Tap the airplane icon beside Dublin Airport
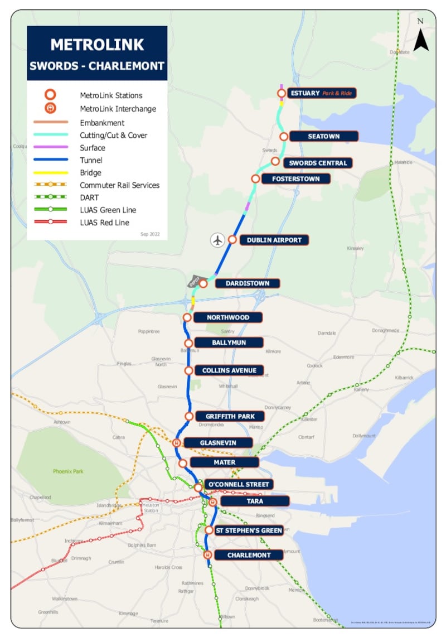pos(217,240)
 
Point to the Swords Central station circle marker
pos(275,161)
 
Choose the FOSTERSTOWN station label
pos(295,179)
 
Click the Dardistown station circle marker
pos(203,283)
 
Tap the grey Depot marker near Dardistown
pos(194,282)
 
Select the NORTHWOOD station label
pos(227,317)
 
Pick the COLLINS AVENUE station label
pos(229,370)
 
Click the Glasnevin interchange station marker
pos(177,443)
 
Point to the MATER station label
pos(224,462)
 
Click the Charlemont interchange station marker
pos(207,555)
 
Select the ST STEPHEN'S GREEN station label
pos(249,530)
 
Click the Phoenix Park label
pos(68,471)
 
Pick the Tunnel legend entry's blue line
pos(50,160)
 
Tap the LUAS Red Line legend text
pos(104,223)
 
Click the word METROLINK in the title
pos(97,45)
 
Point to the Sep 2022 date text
pos(150,234)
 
